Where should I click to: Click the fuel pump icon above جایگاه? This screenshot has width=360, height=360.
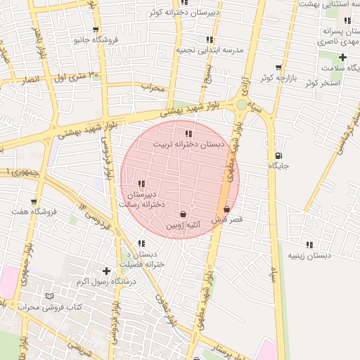(279, 155)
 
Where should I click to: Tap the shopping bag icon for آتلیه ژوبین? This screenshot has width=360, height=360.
(183, 214)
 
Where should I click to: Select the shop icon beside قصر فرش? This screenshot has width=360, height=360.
(226, 209)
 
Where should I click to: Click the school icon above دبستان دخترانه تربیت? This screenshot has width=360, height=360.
(188, 134)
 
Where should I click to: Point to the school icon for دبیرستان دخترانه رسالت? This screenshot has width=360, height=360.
(141, 184)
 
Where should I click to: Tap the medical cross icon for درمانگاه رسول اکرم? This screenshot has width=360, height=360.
(106, 270)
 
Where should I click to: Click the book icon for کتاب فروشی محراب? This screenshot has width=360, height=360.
(49, 296)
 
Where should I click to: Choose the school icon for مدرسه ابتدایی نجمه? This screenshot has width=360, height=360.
(209, 40)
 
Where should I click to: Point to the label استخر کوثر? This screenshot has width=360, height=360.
(323, 84)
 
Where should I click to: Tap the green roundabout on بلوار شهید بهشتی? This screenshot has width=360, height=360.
(241, 105)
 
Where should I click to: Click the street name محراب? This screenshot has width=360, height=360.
(152, 88)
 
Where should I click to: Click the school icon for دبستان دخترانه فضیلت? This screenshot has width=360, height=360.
(141, 243)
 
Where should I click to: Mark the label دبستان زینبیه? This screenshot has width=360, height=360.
(309, 257)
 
